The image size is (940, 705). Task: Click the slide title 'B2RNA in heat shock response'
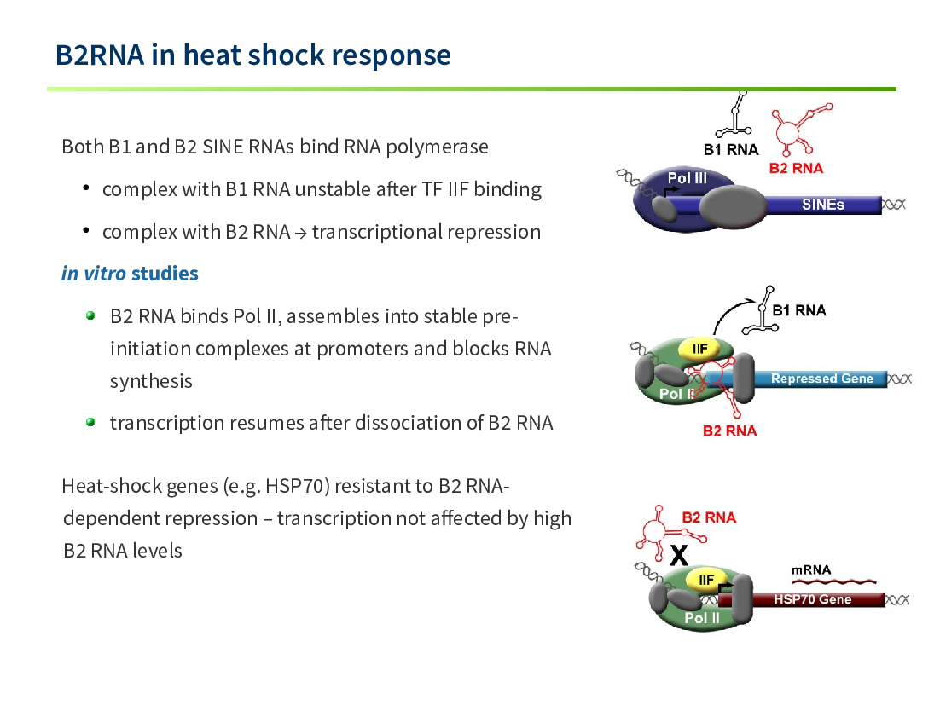pos(253,55)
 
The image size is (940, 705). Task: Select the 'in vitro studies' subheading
pos(130,274)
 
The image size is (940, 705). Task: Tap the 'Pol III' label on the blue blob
pos(687,178)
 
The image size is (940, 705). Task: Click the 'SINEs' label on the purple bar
pos(822,205)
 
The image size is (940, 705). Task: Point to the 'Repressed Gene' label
pos(822,379)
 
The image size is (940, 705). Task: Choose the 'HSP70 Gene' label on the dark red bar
pos(812,599)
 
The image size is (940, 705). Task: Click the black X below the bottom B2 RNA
pos(679,555)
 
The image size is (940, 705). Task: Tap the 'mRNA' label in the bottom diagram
pos(810,569)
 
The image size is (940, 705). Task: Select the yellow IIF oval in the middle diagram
pos(699,350)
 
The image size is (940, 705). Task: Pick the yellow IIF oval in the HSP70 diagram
pos(706,580)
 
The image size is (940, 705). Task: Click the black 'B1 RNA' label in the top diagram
pos(731,150)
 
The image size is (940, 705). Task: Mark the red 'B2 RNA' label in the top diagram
pos(796,168)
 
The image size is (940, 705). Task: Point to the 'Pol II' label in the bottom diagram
pos(701,618)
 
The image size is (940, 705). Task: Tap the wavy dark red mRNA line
pos(834,581)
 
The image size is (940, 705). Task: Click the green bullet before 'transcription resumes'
pos(90,422)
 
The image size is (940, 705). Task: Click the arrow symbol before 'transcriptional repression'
pos(301,234)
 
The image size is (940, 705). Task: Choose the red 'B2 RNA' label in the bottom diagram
pos(709,517)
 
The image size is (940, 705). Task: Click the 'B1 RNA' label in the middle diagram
pos(799,310)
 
